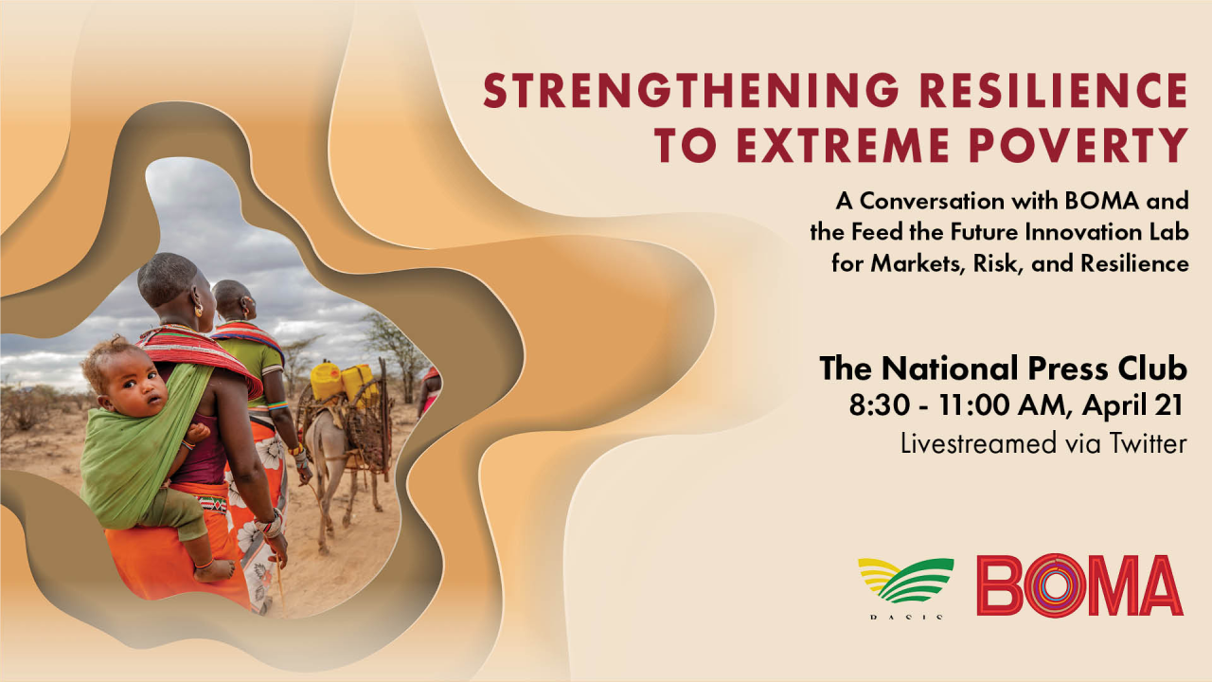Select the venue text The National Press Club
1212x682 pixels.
click(1003, 368)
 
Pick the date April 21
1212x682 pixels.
click(1132, 407)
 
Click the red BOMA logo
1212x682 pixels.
click(1079, 585)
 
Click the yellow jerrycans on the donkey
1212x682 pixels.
click(343, 381)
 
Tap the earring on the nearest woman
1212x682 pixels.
click(199, 310)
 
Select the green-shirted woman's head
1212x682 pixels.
click(233, 300)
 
